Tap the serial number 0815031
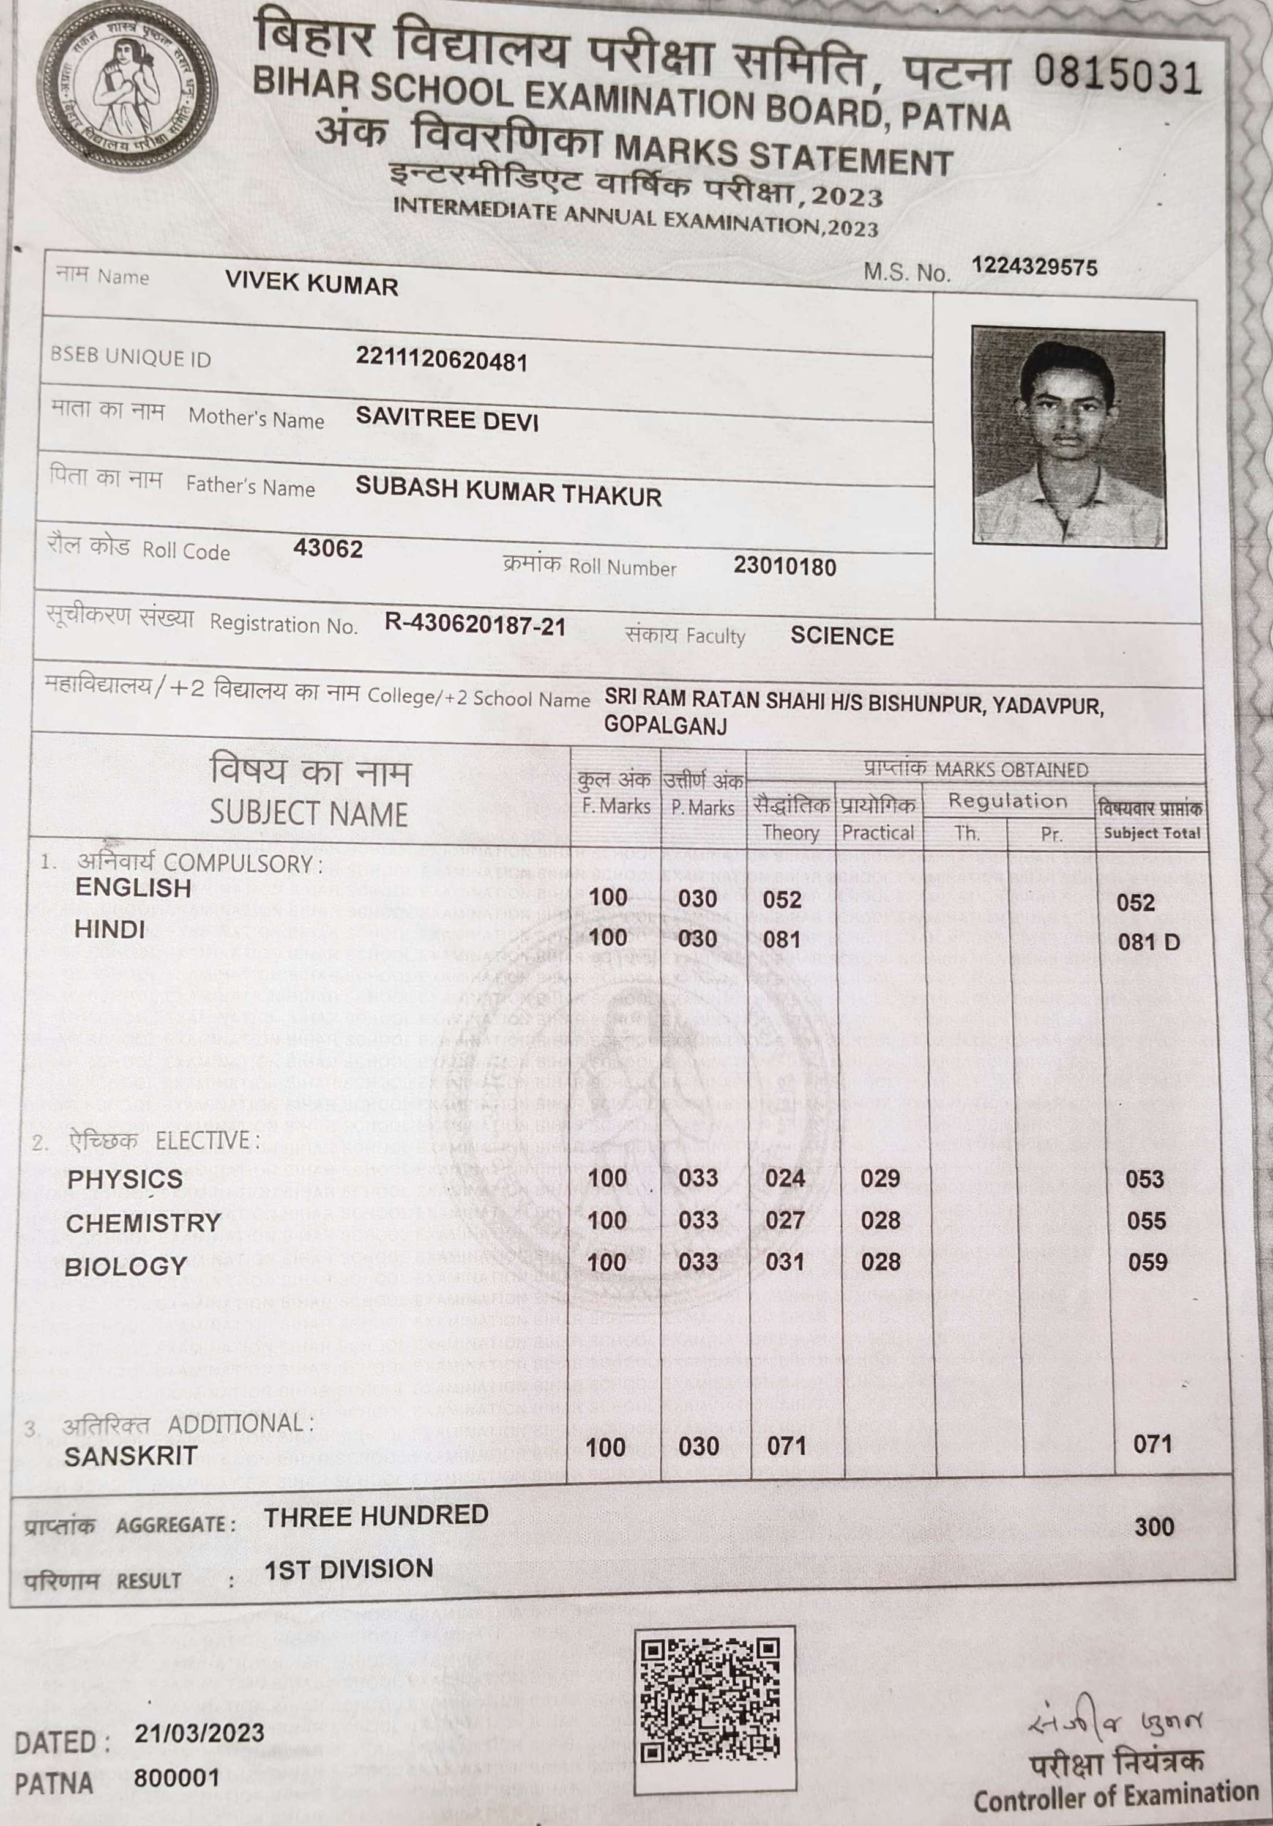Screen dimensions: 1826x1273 1117,76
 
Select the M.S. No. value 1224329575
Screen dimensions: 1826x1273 1034,267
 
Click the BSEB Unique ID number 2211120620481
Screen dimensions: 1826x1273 442,360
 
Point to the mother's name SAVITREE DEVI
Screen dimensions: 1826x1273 447,419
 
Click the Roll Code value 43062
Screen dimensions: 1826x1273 328,549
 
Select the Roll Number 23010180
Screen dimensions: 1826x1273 785,567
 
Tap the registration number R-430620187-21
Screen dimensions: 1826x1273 475,625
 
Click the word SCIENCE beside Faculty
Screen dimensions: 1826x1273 842,636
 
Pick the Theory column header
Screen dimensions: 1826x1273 790,833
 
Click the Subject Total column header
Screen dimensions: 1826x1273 1151,833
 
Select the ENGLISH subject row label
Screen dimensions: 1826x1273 133,888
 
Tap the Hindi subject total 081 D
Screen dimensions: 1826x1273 1148,943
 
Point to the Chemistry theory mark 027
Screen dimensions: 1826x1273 785,1220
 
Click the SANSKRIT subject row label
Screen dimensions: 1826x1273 130,1456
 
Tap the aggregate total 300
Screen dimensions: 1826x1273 1154,1526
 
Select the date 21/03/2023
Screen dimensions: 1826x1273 199,1733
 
